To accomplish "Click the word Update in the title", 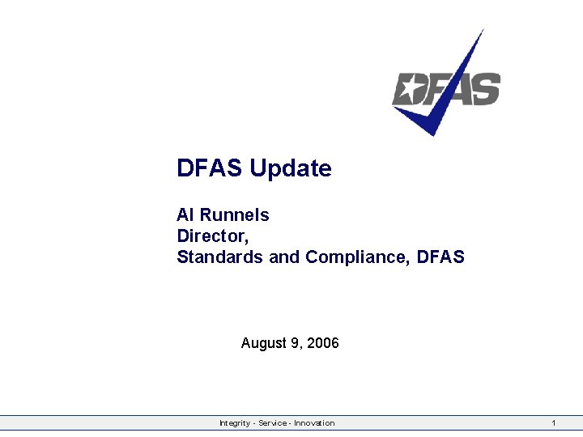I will click(291, 169).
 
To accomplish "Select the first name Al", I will click(185, 215).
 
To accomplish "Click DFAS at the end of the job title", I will click(442, 257).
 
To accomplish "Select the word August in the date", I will click(263, 344).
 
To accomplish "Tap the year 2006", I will click(323, 344).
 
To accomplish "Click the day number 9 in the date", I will click(294, 344).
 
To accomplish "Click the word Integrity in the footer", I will click(235, 423).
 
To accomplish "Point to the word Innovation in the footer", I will click(314, 423).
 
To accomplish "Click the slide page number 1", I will click(553, 423).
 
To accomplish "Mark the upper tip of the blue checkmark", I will click(483, 31).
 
